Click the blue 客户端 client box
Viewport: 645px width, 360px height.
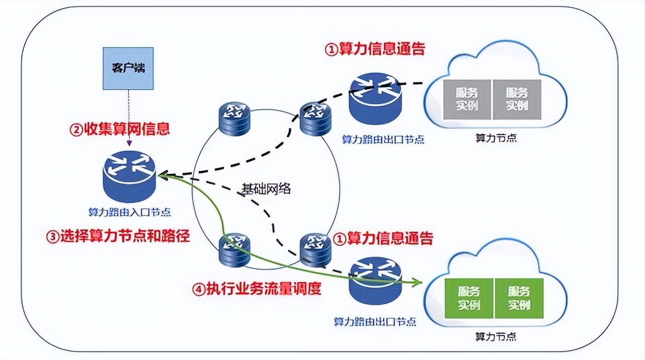coord(127,68)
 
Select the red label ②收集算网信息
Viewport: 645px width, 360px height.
coord(119,129)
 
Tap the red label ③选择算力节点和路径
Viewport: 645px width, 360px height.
coord(118,236)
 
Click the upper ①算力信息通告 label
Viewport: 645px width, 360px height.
coord(374,49)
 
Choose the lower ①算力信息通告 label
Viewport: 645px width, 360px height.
coord(383,238)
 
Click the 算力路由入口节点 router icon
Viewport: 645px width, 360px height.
coord(130,176)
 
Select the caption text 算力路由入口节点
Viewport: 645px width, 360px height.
coord(130,212)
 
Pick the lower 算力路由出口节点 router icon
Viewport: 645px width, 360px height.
coord(375,280)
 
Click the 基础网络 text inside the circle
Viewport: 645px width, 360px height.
coord(266,189)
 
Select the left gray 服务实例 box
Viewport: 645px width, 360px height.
coord(467,99)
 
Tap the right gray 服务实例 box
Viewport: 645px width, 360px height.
coord(517,99)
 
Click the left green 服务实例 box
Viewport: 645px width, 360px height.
coord(469,298)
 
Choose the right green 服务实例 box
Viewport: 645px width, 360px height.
coord(519,298)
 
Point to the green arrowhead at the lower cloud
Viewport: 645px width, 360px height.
coord(417,282)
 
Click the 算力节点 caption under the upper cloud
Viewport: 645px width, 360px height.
coord(496,138)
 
